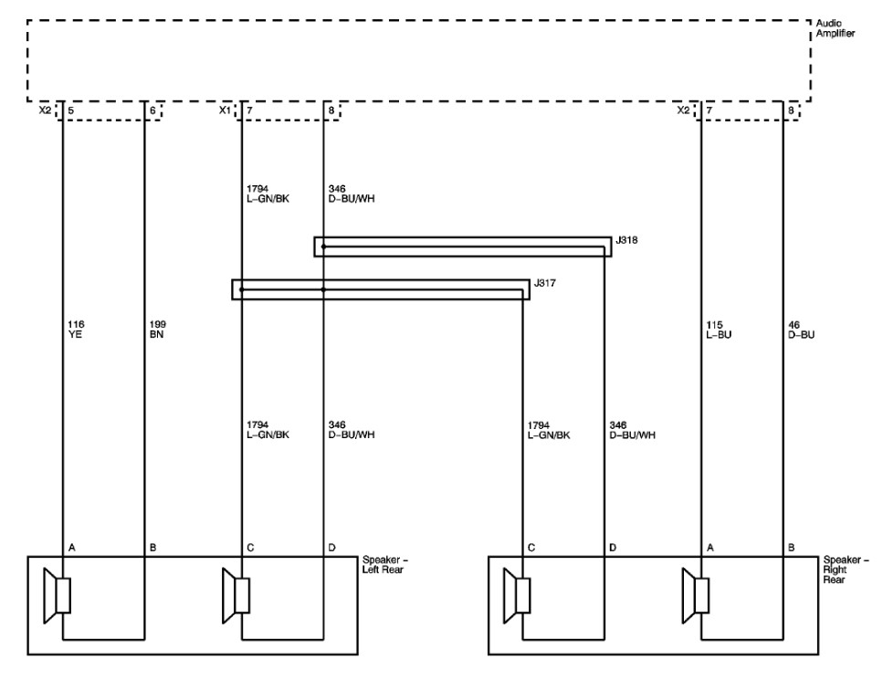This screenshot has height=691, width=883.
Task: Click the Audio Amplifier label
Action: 835,28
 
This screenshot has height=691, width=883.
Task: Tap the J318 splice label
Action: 626,240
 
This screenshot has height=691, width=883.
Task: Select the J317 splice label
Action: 545,284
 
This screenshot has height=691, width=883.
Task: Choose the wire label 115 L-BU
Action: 718,329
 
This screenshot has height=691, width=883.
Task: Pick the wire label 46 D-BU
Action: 801,329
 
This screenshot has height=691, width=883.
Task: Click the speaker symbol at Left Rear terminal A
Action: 58,596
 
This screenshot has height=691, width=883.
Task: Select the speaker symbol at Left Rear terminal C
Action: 237,596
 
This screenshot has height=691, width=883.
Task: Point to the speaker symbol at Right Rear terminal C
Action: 517,596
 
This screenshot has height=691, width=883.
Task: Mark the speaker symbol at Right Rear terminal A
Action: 697,596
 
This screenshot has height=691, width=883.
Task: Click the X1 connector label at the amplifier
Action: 224,110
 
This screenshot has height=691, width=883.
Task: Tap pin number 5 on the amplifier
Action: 71,110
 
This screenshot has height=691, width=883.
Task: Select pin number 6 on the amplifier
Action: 152,110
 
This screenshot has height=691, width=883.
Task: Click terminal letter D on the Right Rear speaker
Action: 614,548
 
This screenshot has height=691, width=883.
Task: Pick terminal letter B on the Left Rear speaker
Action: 152,548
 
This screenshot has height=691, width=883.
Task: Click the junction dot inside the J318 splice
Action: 323,246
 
